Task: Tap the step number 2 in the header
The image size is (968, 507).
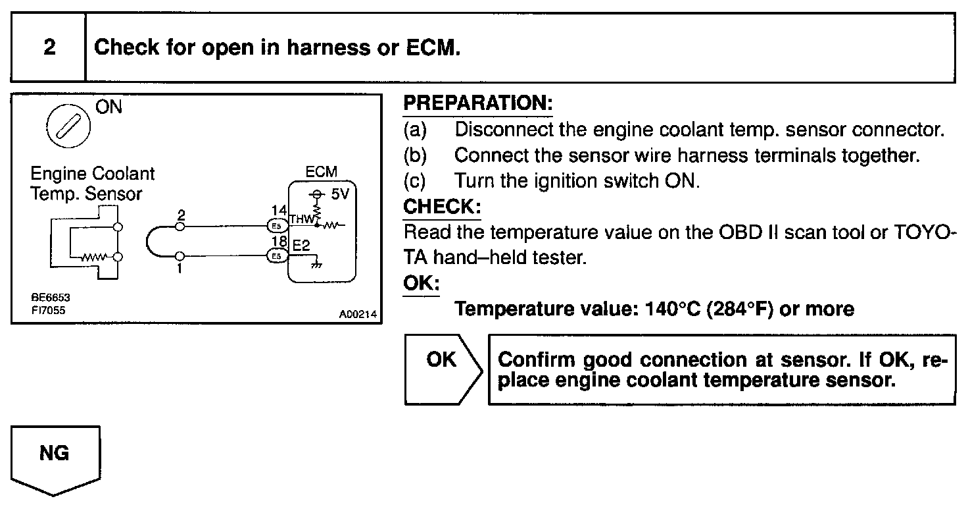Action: click(49, 48)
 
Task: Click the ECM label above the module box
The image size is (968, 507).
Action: click(322, 172)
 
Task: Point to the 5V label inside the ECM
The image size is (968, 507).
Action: click(341, 196)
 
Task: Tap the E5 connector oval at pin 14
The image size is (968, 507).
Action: click(276, 226)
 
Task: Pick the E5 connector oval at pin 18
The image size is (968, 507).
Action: click(276, 255)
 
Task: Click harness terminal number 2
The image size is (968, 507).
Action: click(181, 216)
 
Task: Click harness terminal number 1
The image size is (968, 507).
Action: click(180, 268)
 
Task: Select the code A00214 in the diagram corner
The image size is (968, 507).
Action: click(358, 315)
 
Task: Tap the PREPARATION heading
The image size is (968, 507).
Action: click(477, 103)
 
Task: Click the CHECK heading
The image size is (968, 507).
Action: click(441, 207)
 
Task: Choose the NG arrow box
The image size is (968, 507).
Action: click(55, 459)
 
